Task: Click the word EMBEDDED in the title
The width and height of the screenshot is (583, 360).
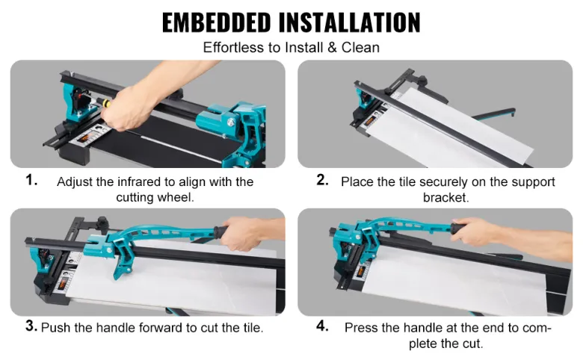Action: (x=217, y=23)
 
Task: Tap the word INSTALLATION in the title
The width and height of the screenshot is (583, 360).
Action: (x=350, y=23)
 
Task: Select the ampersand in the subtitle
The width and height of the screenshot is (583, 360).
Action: (x=332, y=48)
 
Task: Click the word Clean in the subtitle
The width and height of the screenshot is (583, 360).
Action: (x=360, y=48)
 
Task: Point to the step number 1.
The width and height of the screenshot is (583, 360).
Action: (x=31, y=180)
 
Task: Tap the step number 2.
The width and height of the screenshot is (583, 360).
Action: (x=322, y=180)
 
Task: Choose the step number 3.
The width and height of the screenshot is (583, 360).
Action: (x=31, y=326)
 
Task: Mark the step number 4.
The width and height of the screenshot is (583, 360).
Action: (x=322, y=326)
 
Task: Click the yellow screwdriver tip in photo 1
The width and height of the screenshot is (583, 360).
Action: (x=106, y=103)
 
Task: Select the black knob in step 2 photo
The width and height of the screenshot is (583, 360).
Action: (x=422, y=80)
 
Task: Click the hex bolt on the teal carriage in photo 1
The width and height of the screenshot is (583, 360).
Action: (x=231, y=122)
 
